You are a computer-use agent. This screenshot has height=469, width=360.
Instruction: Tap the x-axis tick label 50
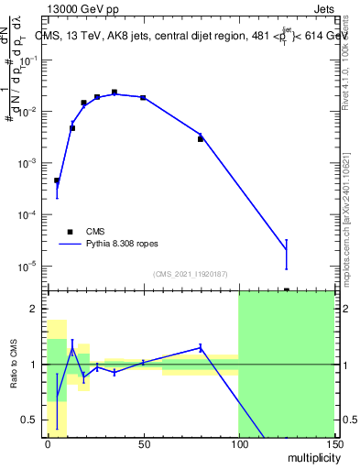tap(143, 444)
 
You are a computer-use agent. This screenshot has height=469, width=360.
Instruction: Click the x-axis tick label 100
tap(238, 444)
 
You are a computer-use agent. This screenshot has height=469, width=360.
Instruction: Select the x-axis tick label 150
tap(333, 444)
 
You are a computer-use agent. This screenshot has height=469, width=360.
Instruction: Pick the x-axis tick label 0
tap(48, 444)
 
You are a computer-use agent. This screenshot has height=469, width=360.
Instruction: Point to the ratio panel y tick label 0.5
tap(29, 420)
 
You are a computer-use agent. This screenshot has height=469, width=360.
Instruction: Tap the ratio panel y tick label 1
tap(34, 365)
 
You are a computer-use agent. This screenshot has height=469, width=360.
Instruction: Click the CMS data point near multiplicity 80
tap(201, 139)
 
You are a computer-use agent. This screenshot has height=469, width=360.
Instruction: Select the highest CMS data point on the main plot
tap(115, 93)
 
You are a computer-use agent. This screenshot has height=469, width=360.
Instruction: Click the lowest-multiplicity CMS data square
tap(57, 180)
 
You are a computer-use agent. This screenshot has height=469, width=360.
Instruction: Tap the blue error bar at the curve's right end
tap(286, 255)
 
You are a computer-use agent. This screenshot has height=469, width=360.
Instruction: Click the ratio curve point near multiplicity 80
tap(201, 347)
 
